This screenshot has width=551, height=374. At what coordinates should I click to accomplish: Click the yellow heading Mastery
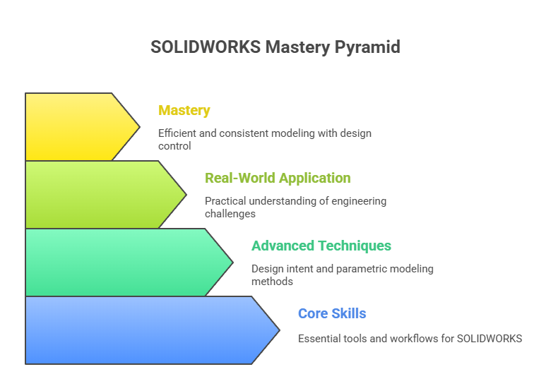[184, 110]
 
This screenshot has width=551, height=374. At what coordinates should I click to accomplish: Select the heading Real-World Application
[277, 178]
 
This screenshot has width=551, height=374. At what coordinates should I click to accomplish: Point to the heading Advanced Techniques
[321, 246]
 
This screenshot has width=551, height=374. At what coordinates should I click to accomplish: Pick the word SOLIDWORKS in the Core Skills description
[490, 338]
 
